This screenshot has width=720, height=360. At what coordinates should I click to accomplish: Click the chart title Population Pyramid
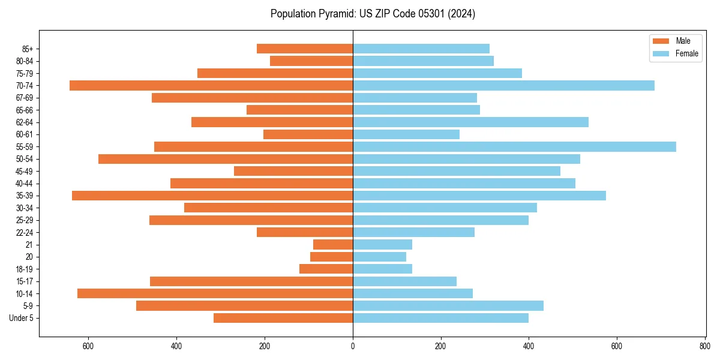373,14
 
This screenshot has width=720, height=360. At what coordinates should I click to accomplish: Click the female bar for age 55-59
514,147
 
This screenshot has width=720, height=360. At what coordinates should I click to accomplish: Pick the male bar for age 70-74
211,86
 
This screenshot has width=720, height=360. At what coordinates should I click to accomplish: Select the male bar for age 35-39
212,196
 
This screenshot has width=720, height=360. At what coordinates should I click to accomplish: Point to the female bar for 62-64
470,122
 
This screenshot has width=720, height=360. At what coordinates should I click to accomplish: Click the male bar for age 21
333,245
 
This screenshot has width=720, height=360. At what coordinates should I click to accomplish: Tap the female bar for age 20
379,257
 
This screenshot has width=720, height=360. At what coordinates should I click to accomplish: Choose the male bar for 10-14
215,293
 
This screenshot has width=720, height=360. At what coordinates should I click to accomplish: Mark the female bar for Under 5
440,318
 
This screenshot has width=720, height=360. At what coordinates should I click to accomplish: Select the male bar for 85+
305,49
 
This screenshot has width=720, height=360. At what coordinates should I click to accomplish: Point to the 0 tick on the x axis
353,346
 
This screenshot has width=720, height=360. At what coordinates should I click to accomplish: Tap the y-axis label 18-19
25,269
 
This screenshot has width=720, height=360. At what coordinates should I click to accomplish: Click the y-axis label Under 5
22,318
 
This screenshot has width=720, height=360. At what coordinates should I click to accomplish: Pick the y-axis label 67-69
25,98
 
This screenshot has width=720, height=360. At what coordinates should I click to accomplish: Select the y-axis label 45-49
25,171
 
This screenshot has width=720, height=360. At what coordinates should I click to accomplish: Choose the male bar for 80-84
311,61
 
